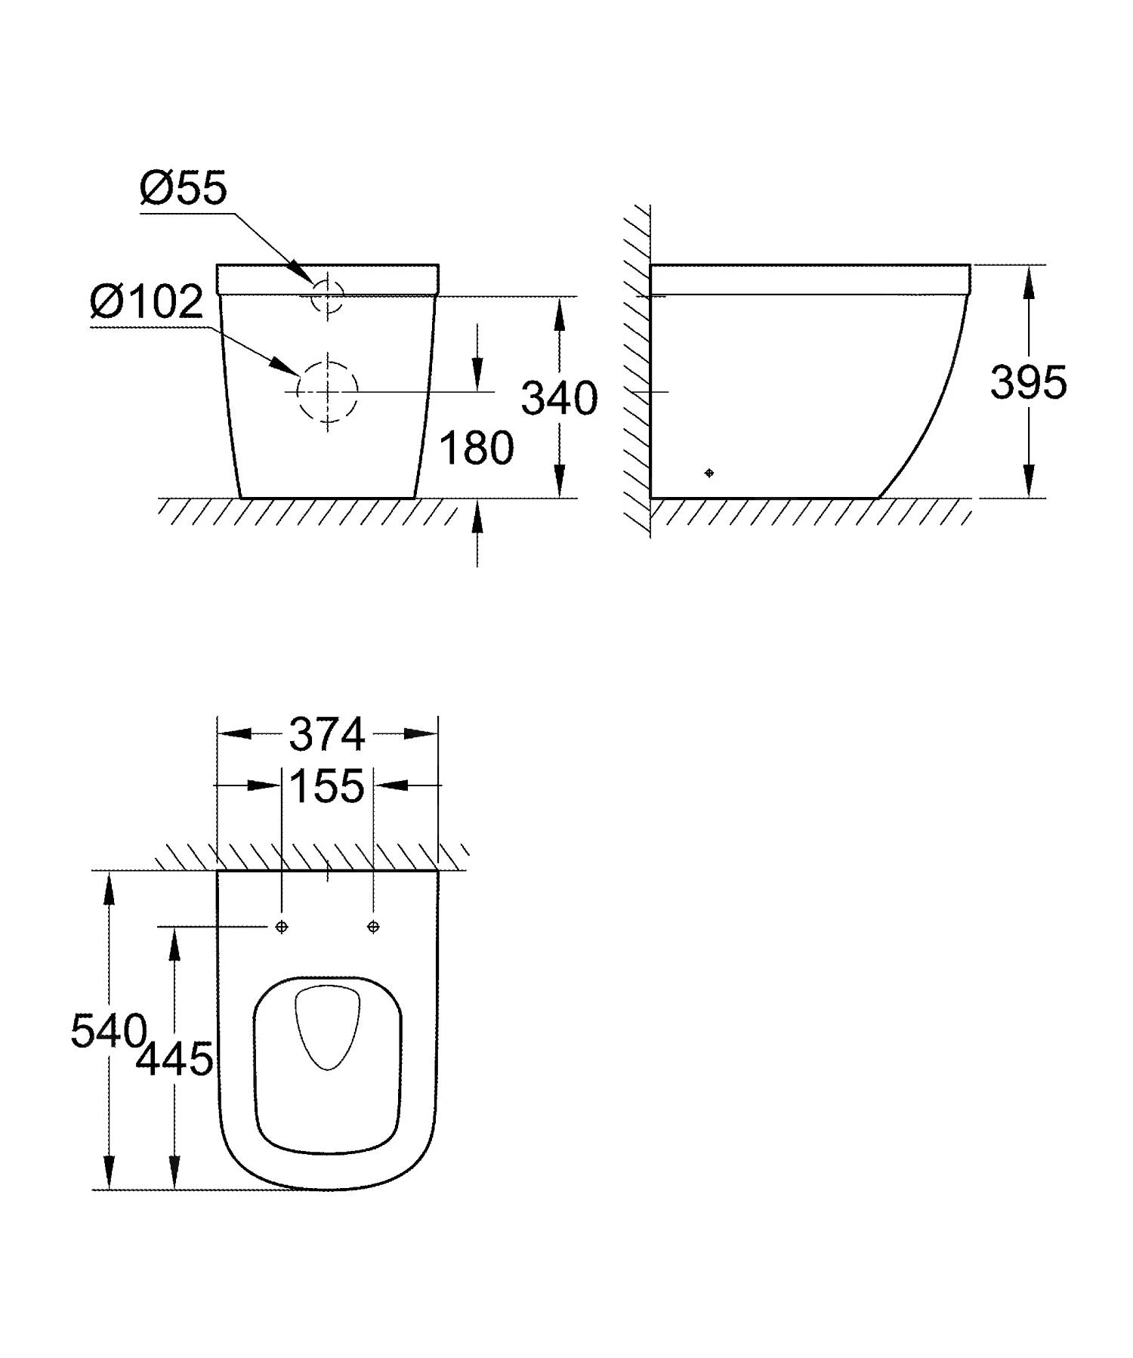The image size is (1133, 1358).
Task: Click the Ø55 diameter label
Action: tap(183, 188)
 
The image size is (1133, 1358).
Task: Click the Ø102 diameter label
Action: tap(147, 302)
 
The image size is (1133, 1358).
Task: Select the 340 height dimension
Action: tap(559, 398)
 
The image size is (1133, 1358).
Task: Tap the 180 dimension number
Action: tap(476, 448)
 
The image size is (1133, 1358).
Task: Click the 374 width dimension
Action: tap(327, 734)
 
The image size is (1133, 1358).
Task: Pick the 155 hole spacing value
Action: tap(327, 785)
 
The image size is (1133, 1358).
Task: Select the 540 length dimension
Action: tap(108, 1030)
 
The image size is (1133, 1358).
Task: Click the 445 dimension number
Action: tap(174, 1059)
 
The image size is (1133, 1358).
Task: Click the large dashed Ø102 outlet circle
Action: tap(328, 391)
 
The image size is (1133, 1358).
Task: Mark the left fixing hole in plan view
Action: tap(282, 927)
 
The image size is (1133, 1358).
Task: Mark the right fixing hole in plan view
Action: tap(373, 927)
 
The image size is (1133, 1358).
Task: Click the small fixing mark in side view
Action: tap(709, 473)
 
